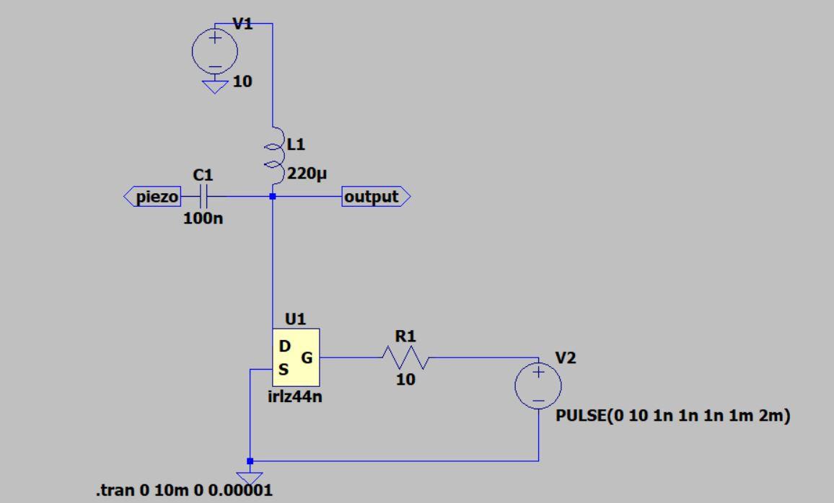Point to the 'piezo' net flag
[x=152, y=197]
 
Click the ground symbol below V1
[x=215, y=86]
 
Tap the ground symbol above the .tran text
[x=250, y=476]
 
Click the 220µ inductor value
[x=307, y=172]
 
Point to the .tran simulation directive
[x=185, y=491]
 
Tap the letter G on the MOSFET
[x=307, y=357]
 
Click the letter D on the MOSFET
[x=285, y=347]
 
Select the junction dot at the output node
[x=273, y=196]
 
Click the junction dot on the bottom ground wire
[x=250, y=460]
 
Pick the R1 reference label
[x=407, y=336]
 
